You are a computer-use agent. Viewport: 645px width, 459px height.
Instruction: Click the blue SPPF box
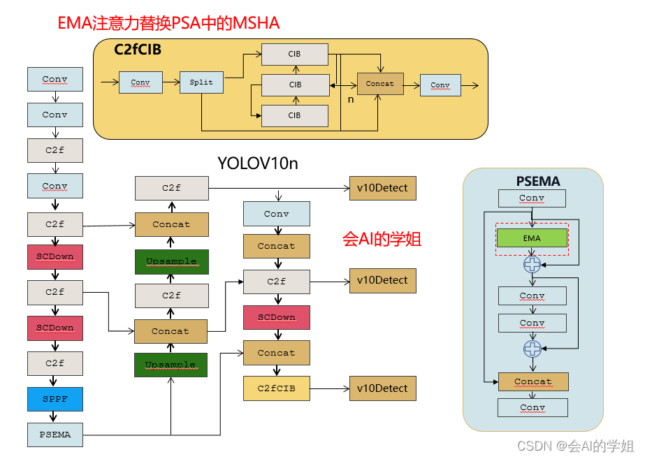tap(55, 399)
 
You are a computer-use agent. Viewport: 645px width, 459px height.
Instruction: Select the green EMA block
tap(532, 238)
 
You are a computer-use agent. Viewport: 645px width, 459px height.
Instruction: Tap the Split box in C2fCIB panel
tap(201, 82)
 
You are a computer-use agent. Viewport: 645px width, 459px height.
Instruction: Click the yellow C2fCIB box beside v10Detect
tap(276, 388)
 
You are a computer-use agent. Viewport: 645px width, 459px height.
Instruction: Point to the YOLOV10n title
tap(258, 163)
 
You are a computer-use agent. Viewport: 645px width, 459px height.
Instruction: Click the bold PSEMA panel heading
tap(538, 182)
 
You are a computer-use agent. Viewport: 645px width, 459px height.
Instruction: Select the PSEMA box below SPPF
tap(55, 435)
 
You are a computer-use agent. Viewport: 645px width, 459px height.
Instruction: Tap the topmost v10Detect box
tap(382, 188)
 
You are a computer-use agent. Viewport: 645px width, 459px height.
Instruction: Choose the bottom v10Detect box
tap(382, 388)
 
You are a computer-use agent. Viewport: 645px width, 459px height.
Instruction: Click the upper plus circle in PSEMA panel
tap(532, 265)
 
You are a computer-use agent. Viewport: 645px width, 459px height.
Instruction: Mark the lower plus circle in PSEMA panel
tap(532, 348)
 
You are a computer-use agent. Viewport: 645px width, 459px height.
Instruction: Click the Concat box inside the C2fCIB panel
tap(380, 84)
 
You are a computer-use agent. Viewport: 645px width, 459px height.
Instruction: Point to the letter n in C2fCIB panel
tap(351, 100)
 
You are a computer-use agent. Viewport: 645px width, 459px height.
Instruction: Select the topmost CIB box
tap(295, 54)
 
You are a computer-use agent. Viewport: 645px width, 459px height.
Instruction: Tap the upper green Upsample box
tap(171, 261)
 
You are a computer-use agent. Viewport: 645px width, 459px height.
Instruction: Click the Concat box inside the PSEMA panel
tap(532, 381)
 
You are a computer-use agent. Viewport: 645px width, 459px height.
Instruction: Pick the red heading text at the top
tap(168, 23)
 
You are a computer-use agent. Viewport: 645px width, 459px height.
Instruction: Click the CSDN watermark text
tap(575, 445)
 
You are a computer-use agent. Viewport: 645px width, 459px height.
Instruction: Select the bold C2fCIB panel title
tap(138, 50)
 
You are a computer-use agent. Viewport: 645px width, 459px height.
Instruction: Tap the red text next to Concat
tap(382, 239)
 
